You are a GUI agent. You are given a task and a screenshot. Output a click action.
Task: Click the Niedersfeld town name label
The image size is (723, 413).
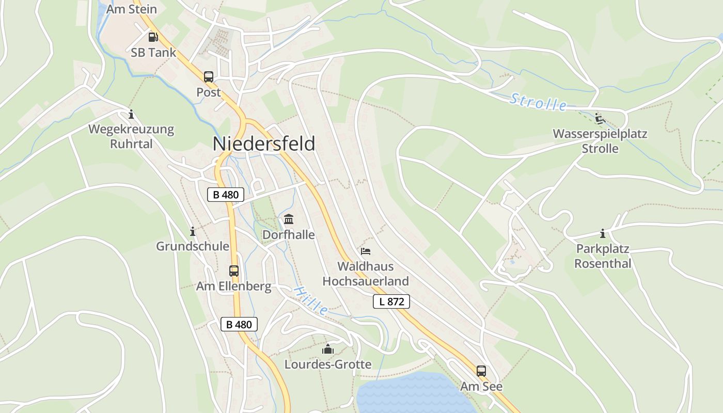(x=264, y=144)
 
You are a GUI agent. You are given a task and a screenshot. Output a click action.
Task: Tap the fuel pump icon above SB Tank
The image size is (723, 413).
(x=153, y=37)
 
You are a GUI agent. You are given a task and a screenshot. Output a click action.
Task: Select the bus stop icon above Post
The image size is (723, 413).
(x=209, y=77)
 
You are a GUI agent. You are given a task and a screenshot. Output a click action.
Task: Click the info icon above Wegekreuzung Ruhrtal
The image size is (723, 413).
(x=131, y=114)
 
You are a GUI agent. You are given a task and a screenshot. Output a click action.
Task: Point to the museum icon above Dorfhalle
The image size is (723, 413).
(x=289, y=219)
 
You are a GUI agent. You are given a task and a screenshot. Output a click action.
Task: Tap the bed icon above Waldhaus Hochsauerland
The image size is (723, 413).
(x=366, y=251)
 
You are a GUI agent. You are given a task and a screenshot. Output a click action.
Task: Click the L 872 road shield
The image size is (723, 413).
(x=391, y=301)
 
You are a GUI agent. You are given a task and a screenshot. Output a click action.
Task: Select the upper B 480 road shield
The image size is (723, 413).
(x=226, y=195)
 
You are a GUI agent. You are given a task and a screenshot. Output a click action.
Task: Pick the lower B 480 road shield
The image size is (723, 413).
(x=239, y=324)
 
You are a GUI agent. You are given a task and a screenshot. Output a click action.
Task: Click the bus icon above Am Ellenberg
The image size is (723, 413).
(x=234, y=271)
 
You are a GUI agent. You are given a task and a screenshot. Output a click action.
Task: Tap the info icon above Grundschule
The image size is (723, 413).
(x=193, y=231)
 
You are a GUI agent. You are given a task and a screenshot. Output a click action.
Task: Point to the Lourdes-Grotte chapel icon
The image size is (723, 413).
(x=328, y=350)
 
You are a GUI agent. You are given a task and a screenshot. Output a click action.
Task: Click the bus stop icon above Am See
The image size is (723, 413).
(x=481, y=371)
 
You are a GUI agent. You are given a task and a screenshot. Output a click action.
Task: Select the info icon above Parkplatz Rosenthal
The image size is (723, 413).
(x=603, y=233)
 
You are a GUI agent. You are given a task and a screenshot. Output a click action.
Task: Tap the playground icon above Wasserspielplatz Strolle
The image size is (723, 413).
(x=600, y=119)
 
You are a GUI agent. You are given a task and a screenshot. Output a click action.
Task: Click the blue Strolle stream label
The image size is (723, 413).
(x=538, y=102)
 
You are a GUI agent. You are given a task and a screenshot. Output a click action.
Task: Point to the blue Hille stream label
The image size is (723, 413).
(x=310, y=301)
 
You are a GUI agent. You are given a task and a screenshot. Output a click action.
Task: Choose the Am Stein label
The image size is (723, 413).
(x=132, y=9)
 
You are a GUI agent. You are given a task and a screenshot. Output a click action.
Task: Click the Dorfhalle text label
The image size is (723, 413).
(x=289, y=235)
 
